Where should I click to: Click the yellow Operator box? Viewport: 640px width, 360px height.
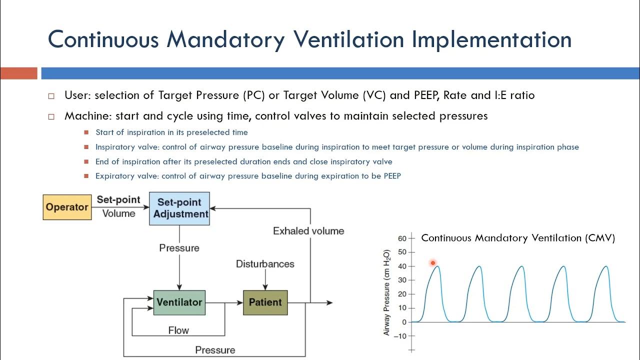click(x=67, y=207)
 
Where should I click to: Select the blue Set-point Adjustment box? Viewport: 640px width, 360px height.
click(x=179, y=208)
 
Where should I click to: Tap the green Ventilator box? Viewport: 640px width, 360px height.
click(x=179, y=302)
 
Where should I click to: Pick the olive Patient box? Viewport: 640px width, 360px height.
click(x=265, y=302)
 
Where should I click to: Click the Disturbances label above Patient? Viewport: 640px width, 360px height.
click(x=265, y=263)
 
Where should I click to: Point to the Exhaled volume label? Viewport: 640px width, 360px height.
click(x=308, y=231)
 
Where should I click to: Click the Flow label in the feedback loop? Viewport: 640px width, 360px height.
click(x=178, y=330)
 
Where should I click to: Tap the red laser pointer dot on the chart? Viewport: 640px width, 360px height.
click(x=433, y=263)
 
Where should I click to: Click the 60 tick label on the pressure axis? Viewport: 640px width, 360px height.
click(x=402, y=238)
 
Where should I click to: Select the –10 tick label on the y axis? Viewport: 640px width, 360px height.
click(x=400, y=336)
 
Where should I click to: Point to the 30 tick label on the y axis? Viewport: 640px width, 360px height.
click(x=402, y=280)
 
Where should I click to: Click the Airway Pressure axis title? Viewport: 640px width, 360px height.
click(x=386, y=292)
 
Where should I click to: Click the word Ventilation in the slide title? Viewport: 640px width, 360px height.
click(x=348, y=39)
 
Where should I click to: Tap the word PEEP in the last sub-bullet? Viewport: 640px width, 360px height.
click(x=392, y=175)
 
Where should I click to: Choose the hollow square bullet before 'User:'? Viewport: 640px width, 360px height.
click(x=51, y=96)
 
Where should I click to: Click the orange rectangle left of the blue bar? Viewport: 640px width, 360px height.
click(x=19, y=73)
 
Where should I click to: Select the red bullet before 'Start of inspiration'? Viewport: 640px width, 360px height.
click(x=86, y=132)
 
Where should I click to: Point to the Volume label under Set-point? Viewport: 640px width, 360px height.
click(x=118, y=213)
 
